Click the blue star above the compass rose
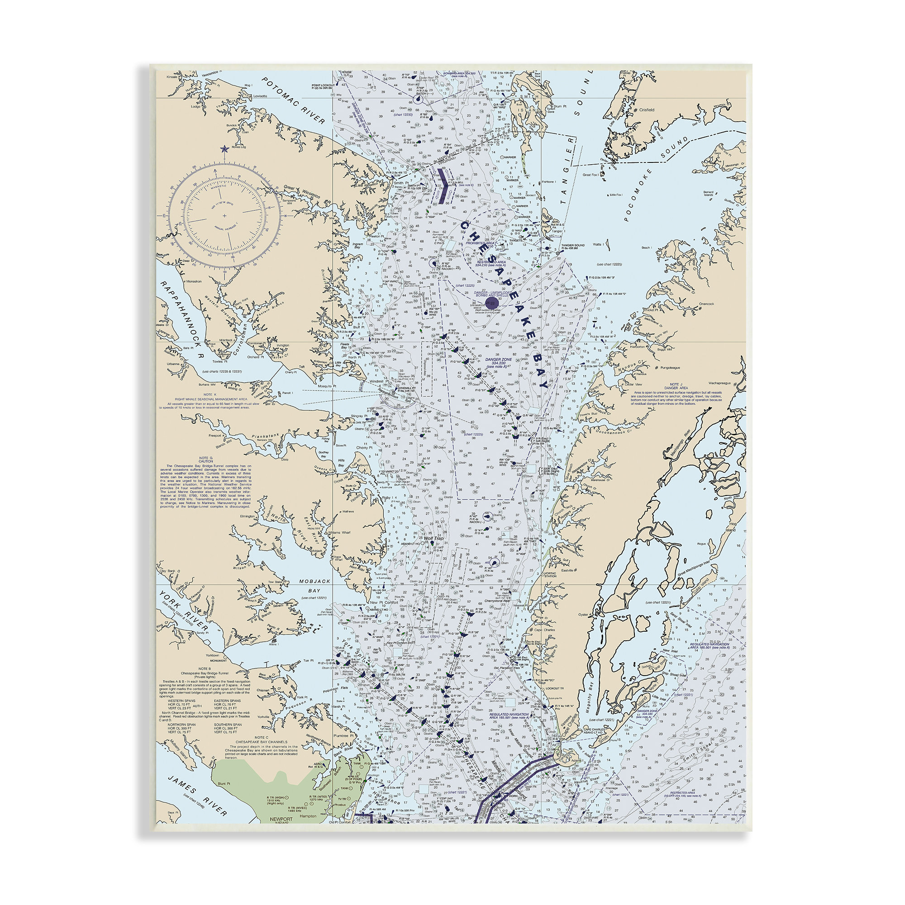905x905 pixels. tap(224, 149)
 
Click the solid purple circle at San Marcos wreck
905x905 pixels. tap(490, 305)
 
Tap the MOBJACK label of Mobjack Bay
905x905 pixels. tap(315, 581)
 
